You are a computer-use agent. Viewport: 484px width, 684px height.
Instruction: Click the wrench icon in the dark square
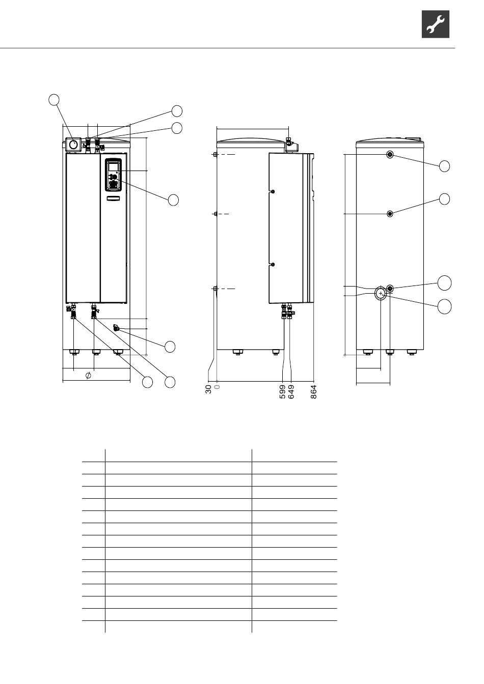tap(435, 24)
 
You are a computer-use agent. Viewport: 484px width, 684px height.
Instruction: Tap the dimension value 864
tap(314, 392)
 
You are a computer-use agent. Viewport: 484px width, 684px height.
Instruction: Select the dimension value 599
tap(282, 392)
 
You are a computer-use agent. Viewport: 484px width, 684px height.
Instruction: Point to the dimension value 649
tap(291, 392)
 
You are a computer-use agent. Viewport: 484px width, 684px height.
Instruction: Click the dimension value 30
tap(208, 389)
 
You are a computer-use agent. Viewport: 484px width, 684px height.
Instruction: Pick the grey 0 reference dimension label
tap(217, 387)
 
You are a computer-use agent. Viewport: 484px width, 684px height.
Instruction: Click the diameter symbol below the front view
tap(88, 375)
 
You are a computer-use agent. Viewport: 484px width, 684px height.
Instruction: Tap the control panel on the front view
tap(114, 175)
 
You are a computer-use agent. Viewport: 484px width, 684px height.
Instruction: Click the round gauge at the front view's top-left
tap(73, 144)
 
